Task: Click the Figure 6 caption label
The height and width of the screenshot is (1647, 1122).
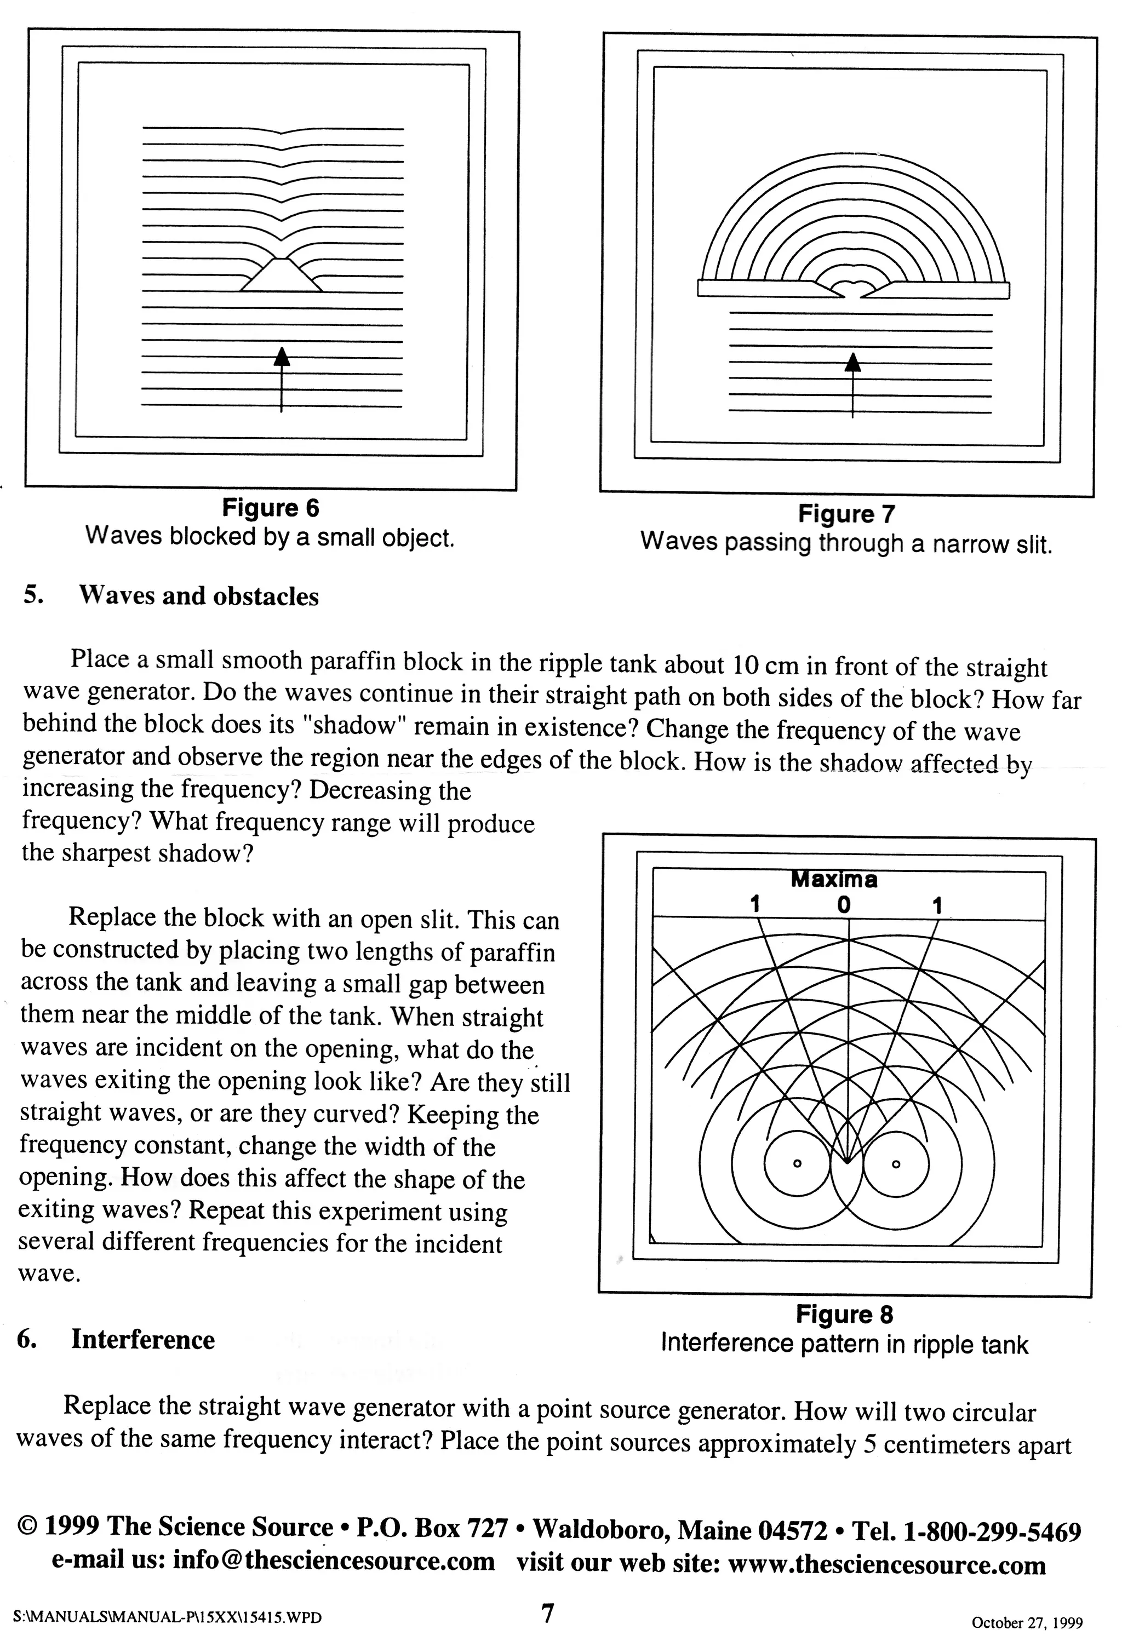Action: (270, 508)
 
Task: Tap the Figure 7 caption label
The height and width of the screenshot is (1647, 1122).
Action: (846, 514)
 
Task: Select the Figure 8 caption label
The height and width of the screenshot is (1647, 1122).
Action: (844, 1315)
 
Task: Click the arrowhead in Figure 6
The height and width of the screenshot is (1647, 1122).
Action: (282, 357)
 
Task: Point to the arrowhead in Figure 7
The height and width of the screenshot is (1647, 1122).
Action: (852, 362)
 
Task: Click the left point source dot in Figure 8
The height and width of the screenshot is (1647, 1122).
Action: (797, 1164)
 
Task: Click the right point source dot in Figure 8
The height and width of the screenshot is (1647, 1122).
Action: (895, 1164)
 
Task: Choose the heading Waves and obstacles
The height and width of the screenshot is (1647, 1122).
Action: (198, 596)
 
